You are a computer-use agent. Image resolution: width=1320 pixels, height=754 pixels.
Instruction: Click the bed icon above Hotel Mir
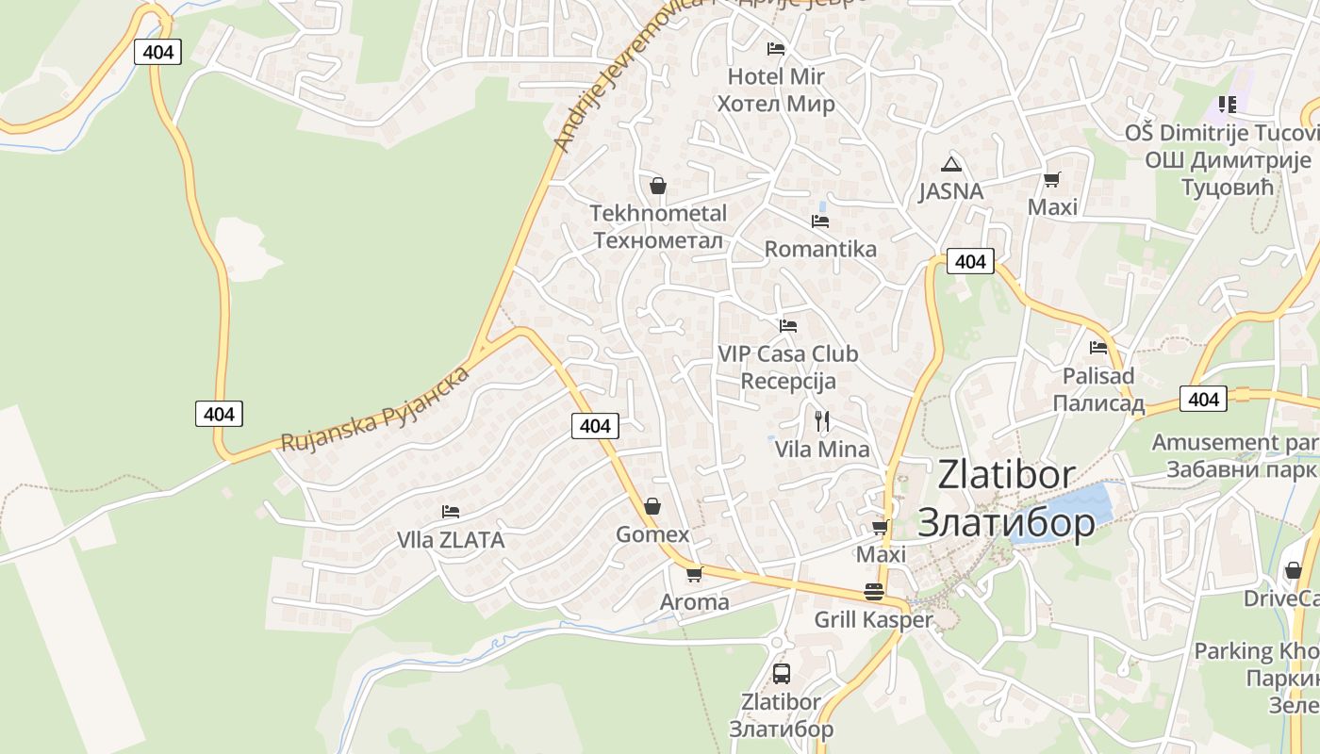tap(776, 48)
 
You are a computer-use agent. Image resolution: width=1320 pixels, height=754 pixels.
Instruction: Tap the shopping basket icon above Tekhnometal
tap(658, 186)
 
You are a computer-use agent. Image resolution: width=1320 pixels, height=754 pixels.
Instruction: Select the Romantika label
tap(820, 249)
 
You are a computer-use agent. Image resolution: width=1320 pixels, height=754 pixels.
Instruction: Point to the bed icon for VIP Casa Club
tap(788, 326)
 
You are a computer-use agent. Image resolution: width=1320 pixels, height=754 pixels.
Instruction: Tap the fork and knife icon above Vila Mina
tap(822, 420)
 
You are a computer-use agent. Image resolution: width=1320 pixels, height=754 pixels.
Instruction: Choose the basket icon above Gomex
tap(652, 506)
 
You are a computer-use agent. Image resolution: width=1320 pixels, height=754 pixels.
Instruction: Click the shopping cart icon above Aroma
tap(694, 574)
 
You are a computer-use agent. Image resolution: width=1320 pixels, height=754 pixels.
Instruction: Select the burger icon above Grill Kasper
tap(874, 592)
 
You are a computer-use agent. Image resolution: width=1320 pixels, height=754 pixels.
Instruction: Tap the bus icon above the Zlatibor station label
tap(781, 673)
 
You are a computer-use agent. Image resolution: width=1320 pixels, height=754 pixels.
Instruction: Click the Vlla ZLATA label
tap(451, 540)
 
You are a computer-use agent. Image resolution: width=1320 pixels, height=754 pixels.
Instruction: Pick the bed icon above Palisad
tap(1098, 348)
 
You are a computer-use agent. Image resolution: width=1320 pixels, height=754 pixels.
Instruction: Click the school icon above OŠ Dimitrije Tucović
tap(1227, 105)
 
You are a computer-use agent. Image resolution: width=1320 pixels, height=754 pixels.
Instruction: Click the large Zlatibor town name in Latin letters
tap(1006, 475)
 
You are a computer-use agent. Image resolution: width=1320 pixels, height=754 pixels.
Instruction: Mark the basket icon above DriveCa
tap(1293, 570)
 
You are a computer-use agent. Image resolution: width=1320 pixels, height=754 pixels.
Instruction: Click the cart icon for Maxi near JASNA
tap(1052, 179)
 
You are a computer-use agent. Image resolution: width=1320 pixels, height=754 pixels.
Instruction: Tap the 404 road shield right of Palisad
tap(1203, 400)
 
